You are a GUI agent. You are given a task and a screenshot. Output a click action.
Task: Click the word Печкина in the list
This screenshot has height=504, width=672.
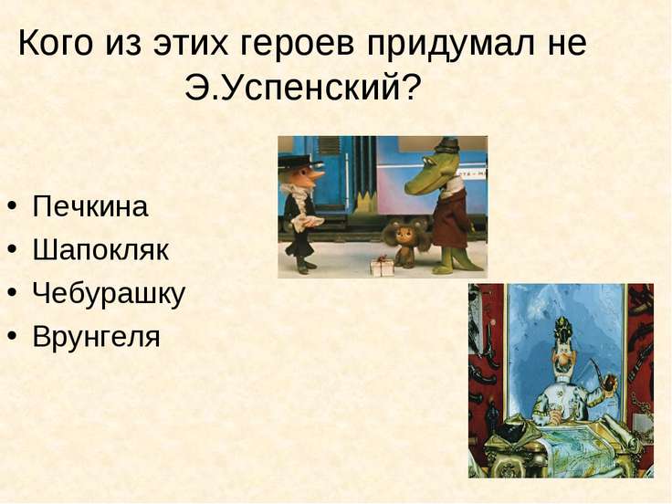click(x=90, y=206)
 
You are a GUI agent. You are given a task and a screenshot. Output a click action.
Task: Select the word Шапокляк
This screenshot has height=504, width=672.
click(x=100, y=249)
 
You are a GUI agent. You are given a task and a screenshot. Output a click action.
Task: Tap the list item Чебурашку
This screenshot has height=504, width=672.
click(x=109, y=294)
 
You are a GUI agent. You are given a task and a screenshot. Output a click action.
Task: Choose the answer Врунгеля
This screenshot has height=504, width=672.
click(x=97, y=337)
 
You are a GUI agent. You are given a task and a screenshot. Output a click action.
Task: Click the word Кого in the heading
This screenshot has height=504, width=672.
click(x=56, y=43)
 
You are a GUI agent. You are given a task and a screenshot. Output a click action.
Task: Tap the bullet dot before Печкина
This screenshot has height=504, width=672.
click(x=13, y=205)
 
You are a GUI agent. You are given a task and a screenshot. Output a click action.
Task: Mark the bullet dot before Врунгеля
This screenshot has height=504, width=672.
click(x=13, y=335)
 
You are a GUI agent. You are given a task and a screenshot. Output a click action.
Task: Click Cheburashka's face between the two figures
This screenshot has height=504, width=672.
click(x=404, y=235)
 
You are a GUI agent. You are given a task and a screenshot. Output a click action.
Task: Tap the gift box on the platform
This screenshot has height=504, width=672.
click(x=382, y=266)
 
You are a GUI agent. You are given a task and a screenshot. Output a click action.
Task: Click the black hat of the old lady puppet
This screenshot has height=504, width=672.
click(x=300, y=162)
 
